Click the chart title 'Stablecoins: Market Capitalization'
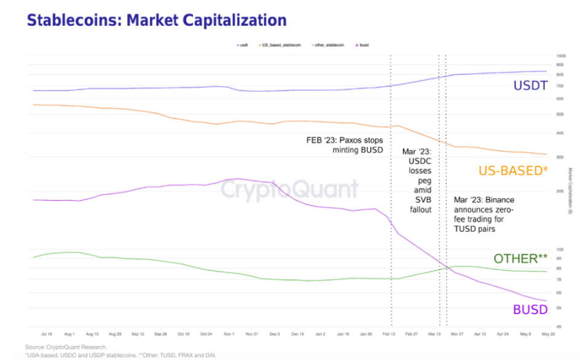coord(157,20)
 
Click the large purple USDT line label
coord(530,86)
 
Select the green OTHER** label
coord(520,258)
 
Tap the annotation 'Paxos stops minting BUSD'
coord(344,144)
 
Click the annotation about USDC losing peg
coord(417,180)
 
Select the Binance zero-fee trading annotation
coord(484,214)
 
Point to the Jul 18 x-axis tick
coord(46,334)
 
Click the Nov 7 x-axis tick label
coord(229,334)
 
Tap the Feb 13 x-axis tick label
coord(388,334)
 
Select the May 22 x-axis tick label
coord(548,334)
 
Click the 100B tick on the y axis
coord(560,55)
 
